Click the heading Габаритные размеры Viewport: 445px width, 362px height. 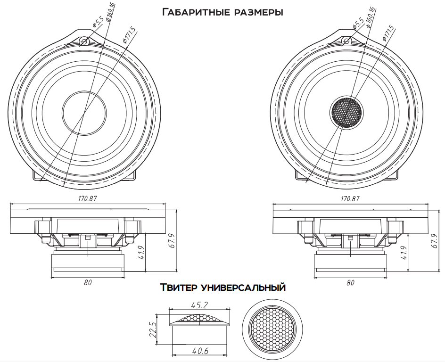[222, 12]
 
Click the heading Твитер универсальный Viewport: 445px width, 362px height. [222, 287]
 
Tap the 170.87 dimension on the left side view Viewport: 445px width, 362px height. [87, 199]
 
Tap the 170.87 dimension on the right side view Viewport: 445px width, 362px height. [350, 199]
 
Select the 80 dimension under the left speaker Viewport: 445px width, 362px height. [87, 282]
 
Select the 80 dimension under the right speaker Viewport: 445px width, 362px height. [350, 283]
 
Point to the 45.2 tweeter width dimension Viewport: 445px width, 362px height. [200, 305]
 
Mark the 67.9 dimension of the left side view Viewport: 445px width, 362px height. [172, 241]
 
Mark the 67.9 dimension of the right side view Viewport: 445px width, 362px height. [435, 241]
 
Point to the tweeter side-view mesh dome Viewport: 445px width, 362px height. [200, 319]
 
